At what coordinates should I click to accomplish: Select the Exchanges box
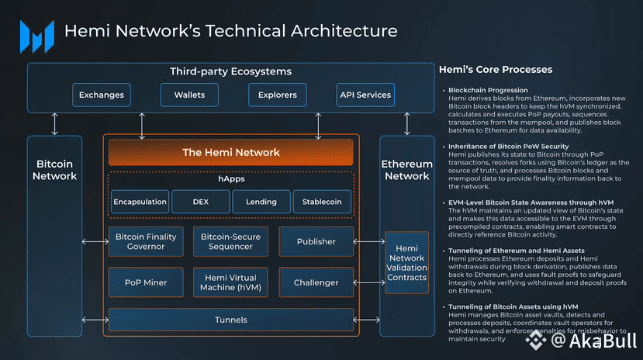pyautogui.click(x=102, y=95)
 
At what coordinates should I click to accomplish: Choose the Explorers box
pyautogui.click(x=278, y=95)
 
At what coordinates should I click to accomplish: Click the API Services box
pyautogui.click(x=365, y=95)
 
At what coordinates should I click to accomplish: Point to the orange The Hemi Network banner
pyautogui.click(x=231, y=152)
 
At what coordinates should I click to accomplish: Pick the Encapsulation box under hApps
pyautogui.click(x=140, y=202)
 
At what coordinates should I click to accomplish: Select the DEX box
pyautogui.click(x=200, y=202)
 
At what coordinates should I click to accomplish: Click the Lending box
pyautogui.click(x=261, y=202)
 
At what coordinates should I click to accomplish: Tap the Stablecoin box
pyautogui.click(x=322, y=202)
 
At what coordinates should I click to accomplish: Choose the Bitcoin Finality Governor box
pyautogui.click(x=146, y=241)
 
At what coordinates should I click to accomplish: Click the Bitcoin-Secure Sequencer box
pyautogui.click(x=230, y=241)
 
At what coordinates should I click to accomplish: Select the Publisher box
pyautogui.click(x=316, y=241)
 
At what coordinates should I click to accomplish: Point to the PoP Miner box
pyautogui.click(x=146, y=282)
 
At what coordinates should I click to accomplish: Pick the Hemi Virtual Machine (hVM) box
pyautogui.click(x=230, y=282)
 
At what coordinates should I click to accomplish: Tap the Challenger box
pyautogui.click(x=316, y=282)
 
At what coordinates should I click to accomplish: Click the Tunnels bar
pyautogui.click(x=231, y=320)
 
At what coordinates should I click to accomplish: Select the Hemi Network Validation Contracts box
pyautogui.click(x=406, y=262)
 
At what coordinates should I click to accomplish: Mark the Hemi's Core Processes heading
pyautogui.click(x=496, y=70)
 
